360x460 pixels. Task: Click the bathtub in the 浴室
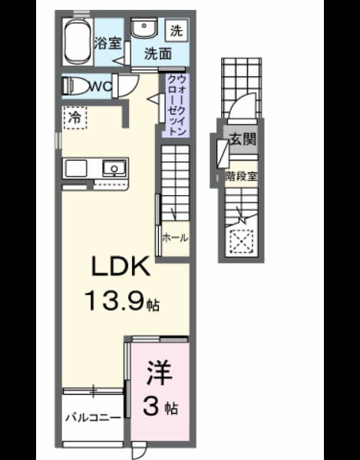tap(77, 41)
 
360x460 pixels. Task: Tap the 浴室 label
tap(107, 43)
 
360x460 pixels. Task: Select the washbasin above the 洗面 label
tap(144, 28)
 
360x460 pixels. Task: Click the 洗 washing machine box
tap(177, 30)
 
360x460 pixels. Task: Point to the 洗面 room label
tap(157, 54)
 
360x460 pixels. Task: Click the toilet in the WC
tap(77, 86)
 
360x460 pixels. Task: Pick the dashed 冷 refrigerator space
tap(75, 117)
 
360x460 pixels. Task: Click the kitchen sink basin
tap(114, 168)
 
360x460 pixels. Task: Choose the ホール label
tap(175, 237)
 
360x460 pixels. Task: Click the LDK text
tap(121, 266)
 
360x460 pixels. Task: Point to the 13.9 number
tap(114, 301)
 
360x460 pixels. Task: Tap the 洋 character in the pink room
tap(159, 372)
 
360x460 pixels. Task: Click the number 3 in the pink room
tap(152, 406)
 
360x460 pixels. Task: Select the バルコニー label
tap(93, 418)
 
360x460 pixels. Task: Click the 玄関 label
tap(242, 139)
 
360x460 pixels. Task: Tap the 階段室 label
tap(241, 176)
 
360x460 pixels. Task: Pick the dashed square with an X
tap(241, 241)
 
